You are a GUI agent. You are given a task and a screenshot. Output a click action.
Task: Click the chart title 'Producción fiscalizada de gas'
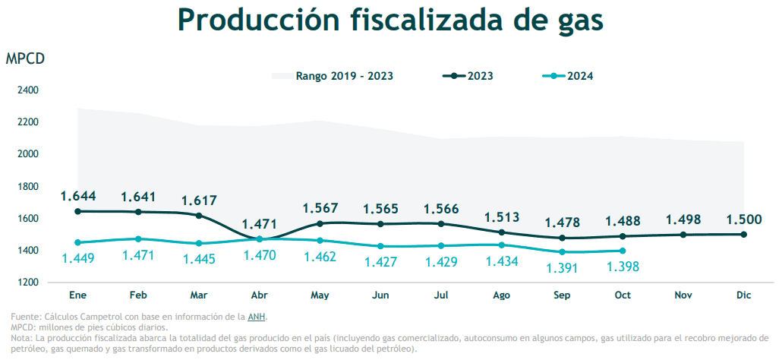[390, 21]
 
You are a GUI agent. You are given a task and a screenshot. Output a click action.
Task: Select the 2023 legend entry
[468, 76]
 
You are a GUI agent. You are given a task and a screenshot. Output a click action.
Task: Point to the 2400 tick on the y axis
[27, 90]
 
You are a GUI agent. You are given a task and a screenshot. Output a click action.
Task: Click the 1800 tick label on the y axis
[27, 186]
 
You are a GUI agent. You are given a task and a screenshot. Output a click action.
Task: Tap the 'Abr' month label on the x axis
[259, 294]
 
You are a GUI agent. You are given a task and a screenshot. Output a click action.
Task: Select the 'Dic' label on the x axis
[743, 294]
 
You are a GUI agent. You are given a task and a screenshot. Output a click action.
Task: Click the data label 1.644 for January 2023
[78, 197]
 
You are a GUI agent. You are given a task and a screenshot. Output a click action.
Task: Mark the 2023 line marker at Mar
[199, 216]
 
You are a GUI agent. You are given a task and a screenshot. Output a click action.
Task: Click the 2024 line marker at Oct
[623, 251]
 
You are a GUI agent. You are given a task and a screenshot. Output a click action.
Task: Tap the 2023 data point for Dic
[743, 234]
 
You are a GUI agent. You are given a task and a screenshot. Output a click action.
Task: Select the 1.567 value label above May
[320, 208]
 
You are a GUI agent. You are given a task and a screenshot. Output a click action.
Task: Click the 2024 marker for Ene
[77, 242]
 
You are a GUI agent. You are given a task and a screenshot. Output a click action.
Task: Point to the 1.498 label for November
[683, 219]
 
